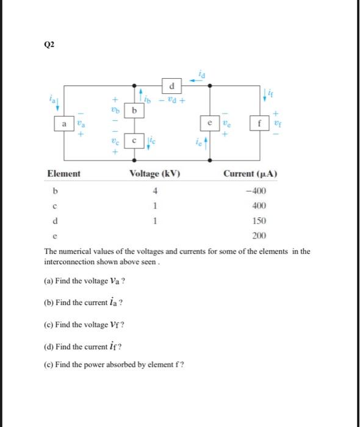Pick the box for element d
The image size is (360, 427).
pos(173,84)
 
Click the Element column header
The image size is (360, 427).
pos(63,174)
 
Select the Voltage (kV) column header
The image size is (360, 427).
pos(155,174)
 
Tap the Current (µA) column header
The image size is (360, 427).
pos(251,174)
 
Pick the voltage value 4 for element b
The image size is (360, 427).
pos(156,191)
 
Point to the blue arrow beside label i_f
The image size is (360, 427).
pos(266,95)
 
